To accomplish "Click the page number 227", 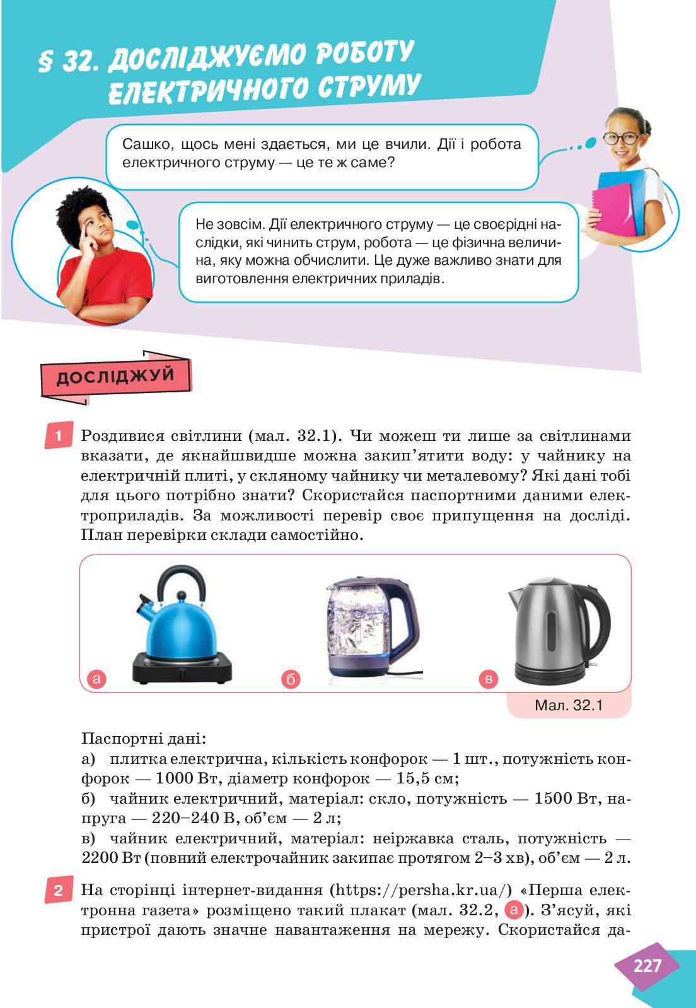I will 647,966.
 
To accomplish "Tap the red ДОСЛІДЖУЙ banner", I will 115,376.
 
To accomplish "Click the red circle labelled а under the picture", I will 96,679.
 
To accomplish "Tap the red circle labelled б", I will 291,679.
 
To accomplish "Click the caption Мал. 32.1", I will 569,705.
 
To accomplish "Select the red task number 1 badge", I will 59,436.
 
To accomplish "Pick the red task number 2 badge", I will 59,891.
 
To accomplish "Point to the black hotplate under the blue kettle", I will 182,669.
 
